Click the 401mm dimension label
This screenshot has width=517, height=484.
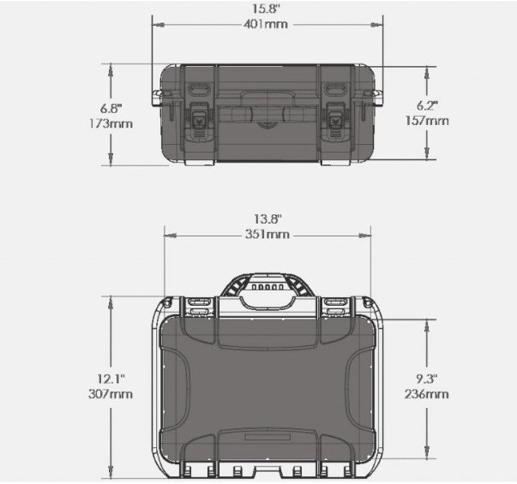(266, 24)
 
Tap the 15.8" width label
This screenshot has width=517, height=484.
(266, 9)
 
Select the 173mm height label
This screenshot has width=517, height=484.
(111, 124)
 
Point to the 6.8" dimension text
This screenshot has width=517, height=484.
(111, 109)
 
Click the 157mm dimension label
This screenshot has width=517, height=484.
(427, 121)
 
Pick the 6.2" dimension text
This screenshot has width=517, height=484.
(427, 105)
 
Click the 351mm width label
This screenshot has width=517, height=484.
(267, 234)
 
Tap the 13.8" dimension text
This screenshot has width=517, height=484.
(268, 219)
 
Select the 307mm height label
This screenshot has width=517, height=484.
(111, 394)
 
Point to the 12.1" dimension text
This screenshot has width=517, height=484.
(111, 379)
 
